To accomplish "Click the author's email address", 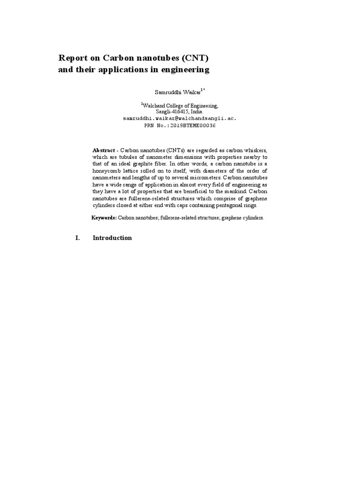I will pos(180,119).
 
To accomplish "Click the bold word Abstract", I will pos(103,150).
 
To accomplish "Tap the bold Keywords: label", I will pos(104,218).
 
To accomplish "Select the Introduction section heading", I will pos(112,238).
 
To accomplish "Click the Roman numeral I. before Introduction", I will pos(78,238).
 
